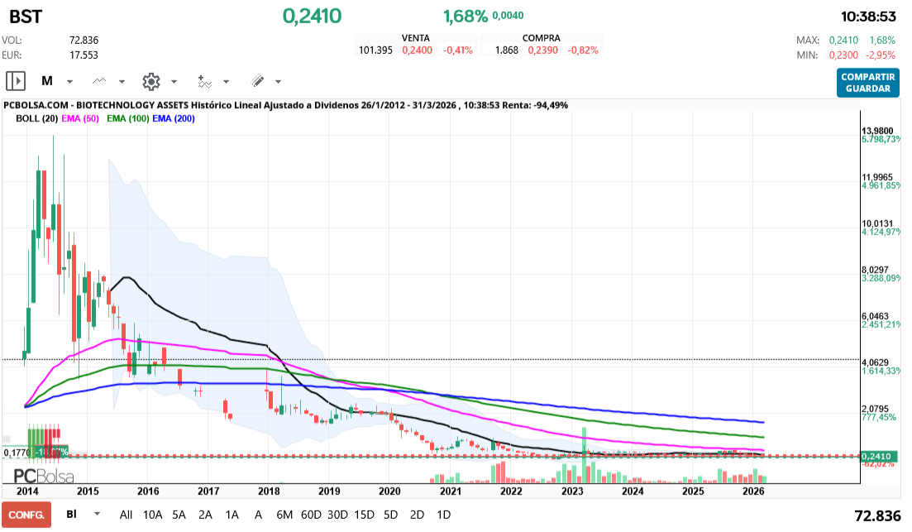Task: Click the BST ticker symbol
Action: tap(26, 16)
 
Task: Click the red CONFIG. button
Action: tap(26, 514)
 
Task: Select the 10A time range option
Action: tap(153, 514)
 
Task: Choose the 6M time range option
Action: tap(284, 514)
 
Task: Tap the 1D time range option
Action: tap(443, 514)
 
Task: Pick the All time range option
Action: tap(126, 514)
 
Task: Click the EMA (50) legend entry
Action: tap(79, 118)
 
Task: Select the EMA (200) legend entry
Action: tap(174, 118)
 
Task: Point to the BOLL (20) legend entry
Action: tap(36, 118)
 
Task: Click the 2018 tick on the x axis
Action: tap(269, 491)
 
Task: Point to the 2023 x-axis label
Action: tap(572, 491)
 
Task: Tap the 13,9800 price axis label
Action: tap(878, 131)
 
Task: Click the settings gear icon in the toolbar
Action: tap(150, 81)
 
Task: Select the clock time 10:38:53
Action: tap(868, 16)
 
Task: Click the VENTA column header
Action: tap(415, 38)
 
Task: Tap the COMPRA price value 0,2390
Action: tap(543, 50)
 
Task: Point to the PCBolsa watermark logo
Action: tap(43, 476)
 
